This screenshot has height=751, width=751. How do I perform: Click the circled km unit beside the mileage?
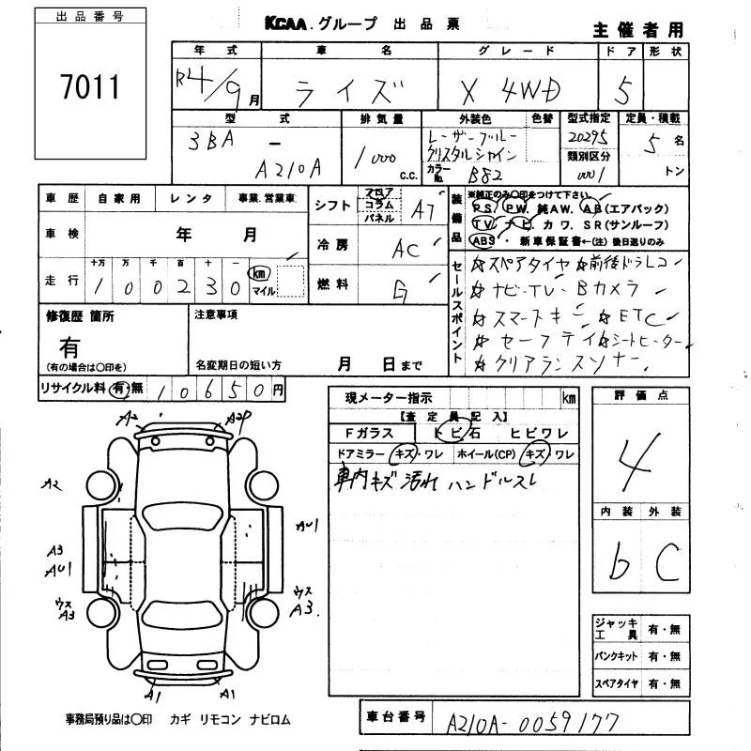point(256,273)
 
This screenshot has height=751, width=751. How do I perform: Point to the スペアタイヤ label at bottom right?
point(615,682)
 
